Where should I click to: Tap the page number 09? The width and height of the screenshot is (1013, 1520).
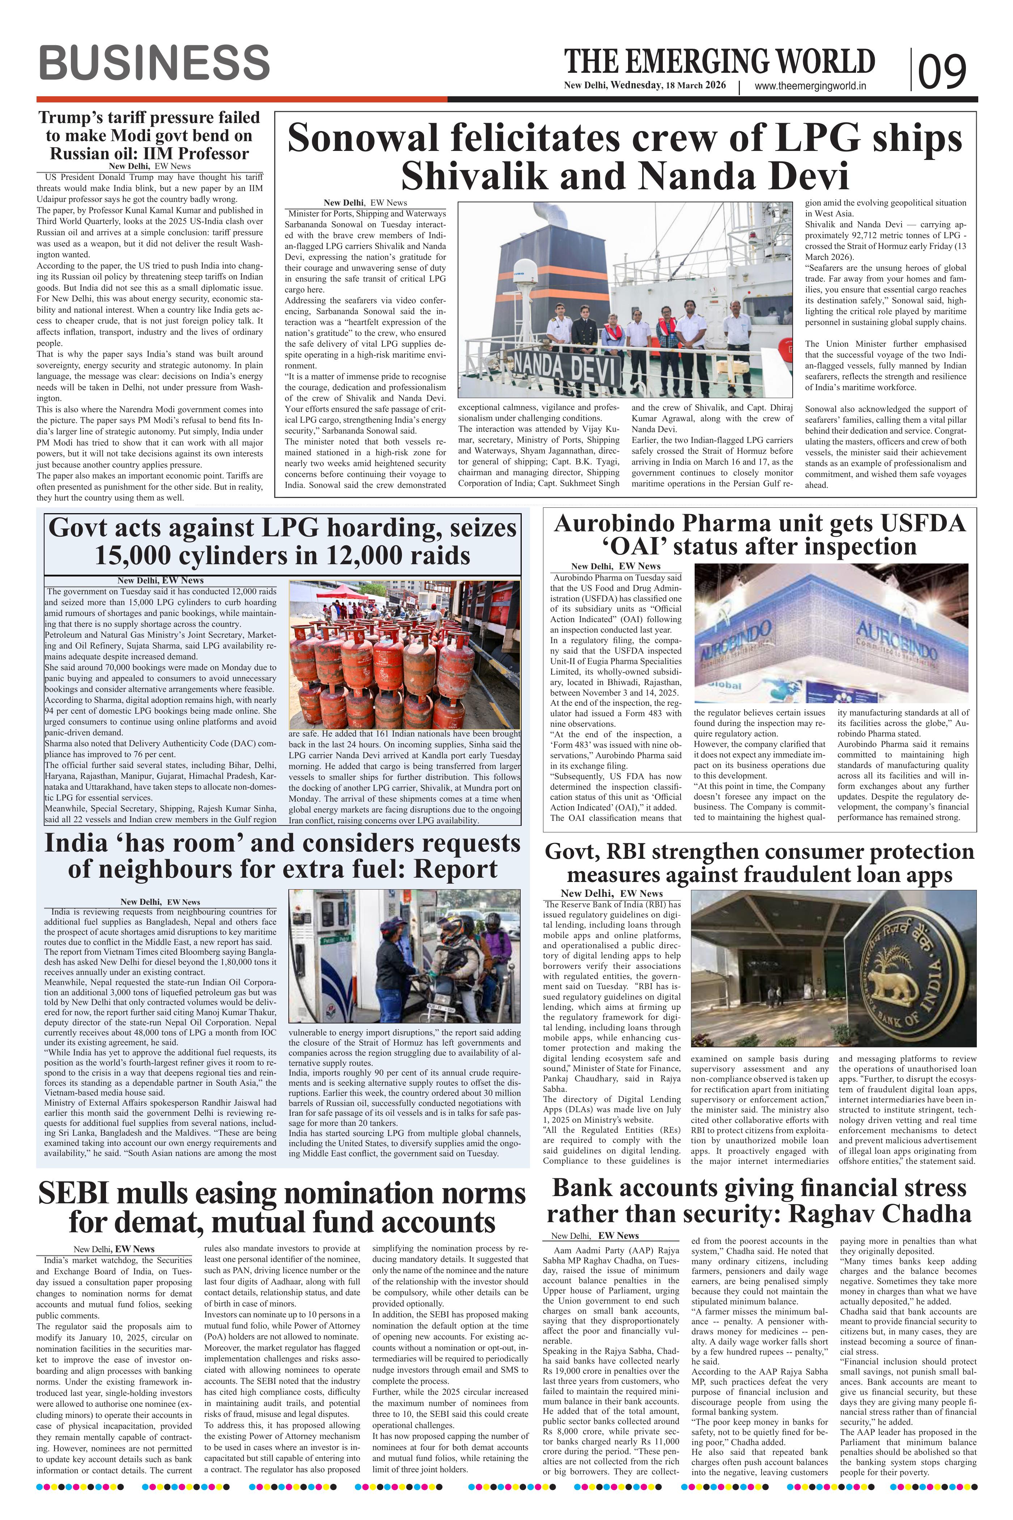pos(942,71)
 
